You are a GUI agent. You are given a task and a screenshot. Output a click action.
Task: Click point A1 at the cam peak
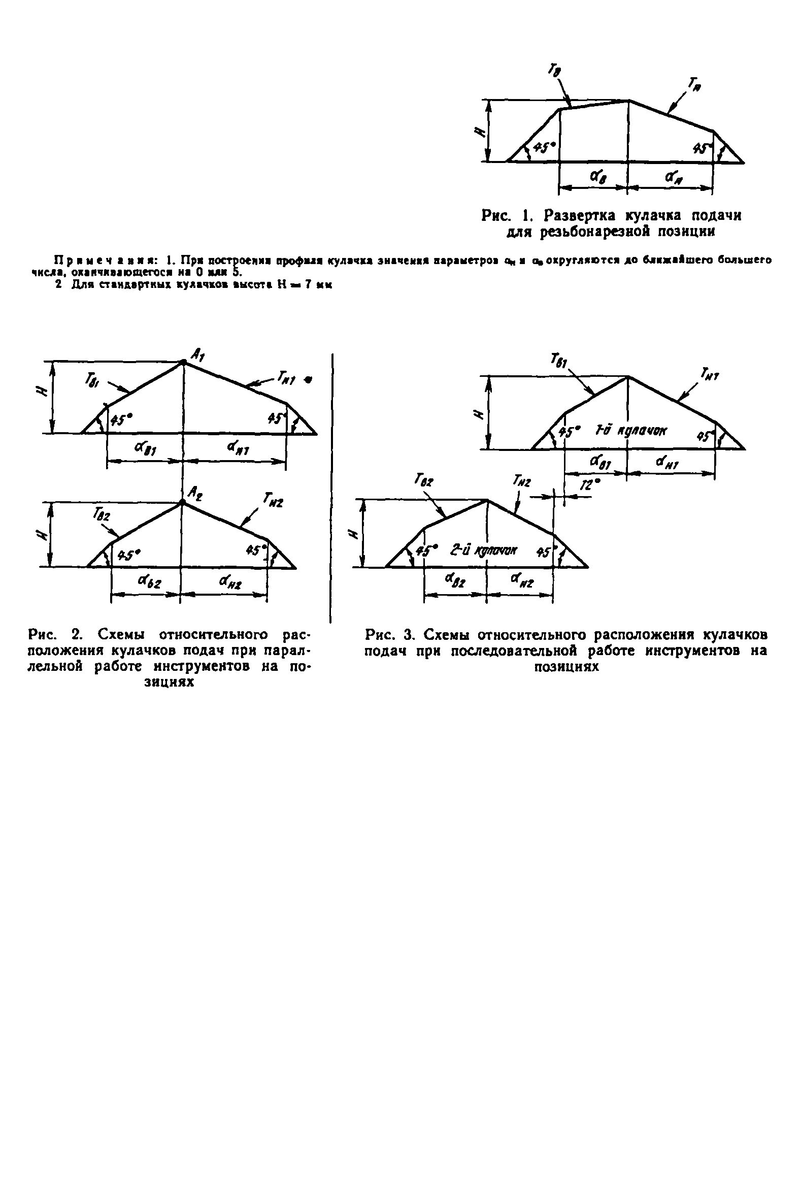[x=183, y=363]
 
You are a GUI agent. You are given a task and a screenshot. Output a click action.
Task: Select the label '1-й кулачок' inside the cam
[x=631, y=431]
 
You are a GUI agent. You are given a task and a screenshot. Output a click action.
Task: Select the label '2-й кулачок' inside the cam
[x=483, y=550]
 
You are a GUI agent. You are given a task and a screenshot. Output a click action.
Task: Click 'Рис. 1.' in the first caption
[x=507, y=215]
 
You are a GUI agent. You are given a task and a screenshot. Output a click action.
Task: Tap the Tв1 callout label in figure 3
[x=556, y=362]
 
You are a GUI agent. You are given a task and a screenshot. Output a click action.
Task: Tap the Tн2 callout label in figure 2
[x=273, y=498]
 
